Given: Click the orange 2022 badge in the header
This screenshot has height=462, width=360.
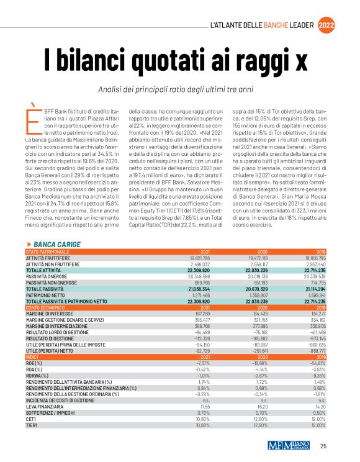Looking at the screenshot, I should (327, 25).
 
